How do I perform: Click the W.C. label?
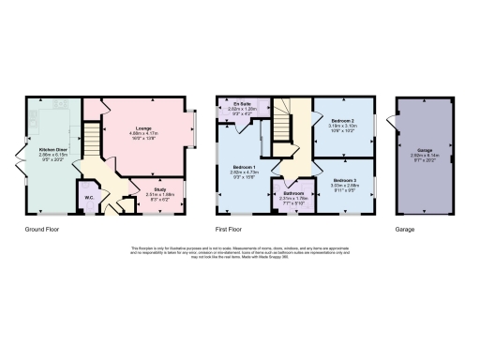pyautogui.click(x=88, y=197)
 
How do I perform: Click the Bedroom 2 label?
pyautogui.click(x=342, y=121)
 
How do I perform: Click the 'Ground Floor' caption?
pyautogui.click(x=42, y=228)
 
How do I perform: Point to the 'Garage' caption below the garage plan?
pyautogui.click(x=404, y=228)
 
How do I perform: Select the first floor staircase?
pyautogui.click(x=281, y=117)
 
